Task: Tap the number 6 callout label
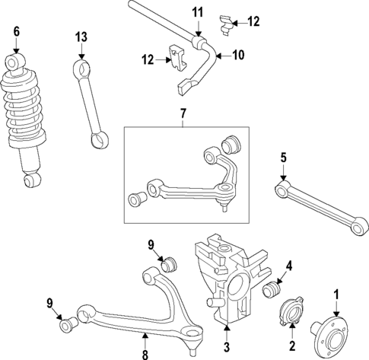tap(16, 31)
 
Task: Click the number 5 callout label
tap(283, 158)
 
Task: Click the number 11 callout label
tap(198, 11)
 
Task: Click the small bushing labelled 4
tap(272, 292)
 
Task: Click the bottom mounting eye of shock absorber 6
tap(31, 180)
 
